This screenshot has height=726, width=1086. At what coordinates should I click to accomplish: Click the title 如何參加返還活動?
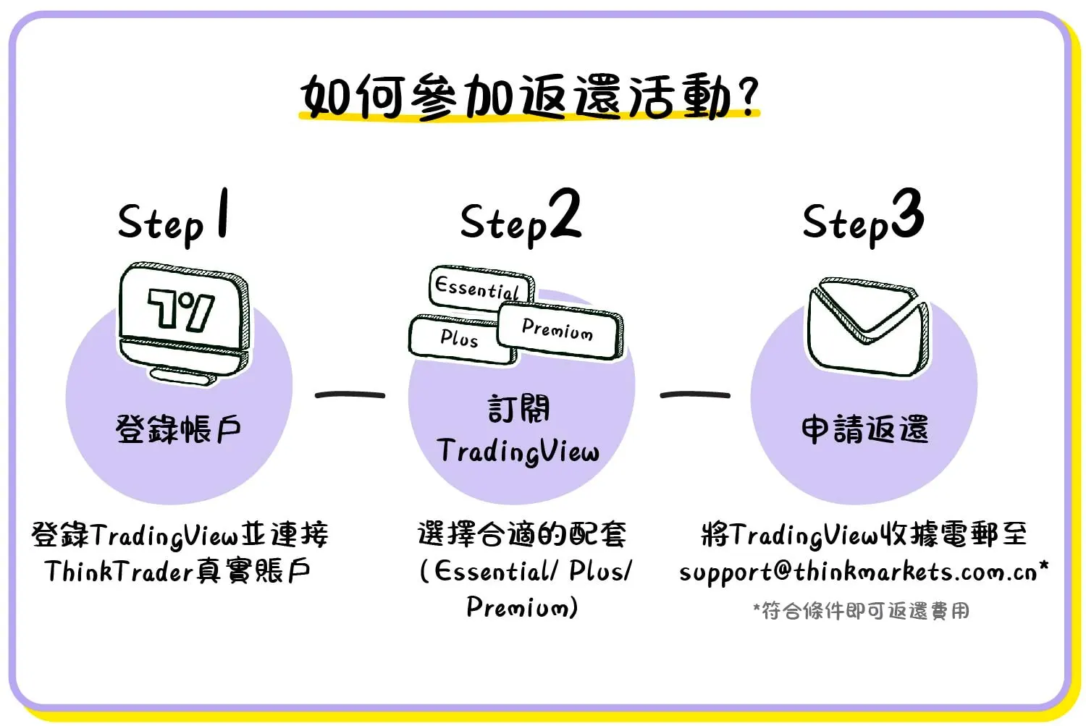click(529, 96)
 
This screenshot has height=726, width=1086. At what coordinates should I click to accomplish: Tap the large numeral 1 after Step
click(223, 214)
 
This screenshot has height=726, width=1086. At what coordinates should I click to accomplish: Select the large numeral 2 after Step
click(565, 214)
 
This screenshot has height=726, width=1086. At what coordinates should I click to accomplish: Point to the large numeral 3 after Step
click(907, 214)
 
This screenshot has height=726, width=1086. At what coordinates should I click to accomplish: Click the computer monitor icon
click(184, 322)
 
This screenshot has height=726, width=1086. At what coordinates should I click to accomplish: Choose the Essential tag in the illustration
click(479, 288)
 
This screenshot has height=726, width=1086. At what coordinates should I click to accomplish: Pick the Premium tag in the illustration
click(557, 330)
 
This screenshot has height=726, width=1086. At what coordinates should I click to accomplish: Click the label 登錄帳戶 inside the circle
click(178, 429)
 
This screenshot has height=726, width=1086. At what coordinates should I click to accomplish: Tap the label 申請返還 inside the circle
click(864, 429)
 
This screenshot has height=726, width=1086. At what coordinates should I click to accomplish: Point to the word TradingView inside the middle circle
click(518, 452)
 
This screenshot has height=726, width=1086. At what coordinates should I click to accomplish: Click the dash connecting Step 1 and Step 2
click(350, 395)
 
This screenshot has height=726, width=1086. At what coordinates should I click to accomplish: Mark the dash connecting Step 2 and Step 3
click(694, 395)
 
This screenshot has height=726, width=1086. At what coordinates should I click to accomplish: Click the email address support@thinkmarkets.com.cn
click(858, 572)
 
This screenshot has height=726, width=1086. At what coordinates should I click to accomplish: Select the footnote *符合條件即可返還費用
click(861, 611)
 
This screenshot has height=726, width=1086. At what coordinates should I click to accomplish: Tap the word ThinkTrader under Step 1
click(118, 572)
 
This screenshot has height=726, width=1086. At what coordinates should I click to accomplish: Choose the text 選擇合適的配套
click(521, 535)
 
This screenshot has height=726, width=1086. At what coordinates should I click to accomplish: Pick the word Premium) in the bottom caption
click(521, 607)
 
